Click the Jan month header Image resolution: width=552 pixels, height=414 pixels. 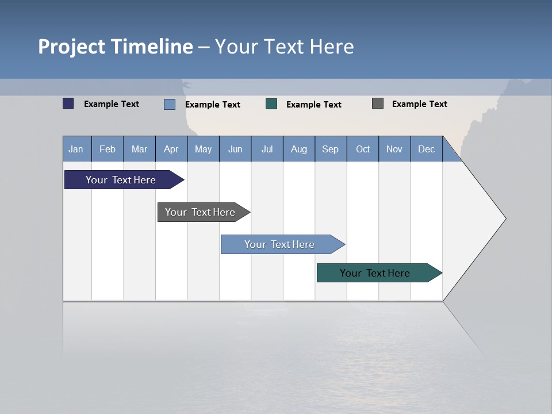76,149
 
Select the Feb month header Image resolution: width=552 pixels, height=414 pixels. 108,149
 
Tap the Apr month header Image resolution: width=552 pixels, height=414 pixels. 171,149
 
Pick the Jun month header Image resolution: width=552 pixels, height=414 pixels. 235,149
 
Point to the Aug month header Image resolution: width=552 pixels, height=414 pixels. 299,149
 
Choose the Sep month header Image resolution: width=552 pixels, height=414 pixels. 331,149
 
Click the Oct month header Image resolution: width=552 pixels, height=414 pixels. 363,149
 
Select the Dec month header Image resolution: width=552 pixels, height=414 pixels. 427,149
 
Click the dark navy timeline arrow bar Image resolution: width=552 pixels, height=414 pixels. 121,180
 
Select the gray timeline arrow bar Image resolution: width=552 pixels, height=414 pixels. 200,212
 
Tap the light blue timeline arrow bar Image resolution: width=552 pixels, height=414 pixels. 279,244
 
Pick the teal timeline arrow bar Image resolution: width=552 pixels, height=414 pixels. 375,273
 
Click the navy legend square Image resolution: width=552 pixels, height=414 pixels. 68,103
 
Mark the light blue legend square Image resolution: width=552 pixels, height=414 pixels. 170,104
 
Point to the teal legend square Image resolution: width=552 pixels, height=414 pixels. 271,104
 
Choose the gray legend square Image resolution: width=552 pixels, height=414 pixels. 378,103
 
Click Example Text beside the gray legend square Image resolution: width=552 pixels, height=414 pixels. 420,104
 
